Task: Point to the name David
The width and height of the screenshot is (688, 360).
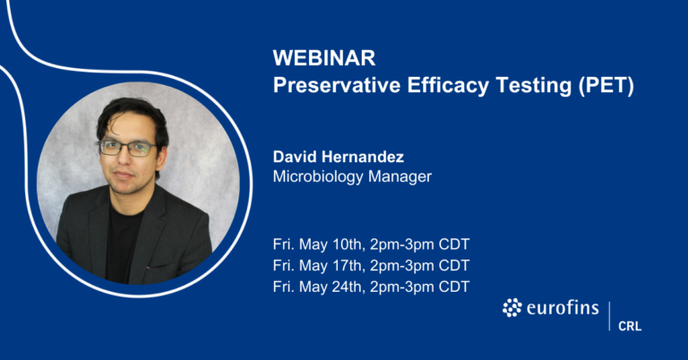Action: [296, 158]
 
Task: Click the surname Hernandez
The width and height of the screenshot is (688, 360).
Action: [364, 158]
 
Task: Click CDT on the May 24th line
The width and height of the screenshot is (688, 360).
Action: [453, 287]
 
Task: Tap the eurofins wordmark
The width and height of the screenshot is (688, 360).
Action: [561, 309]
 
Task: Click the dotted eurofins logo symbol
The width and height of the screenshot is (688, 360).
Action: [512, 309]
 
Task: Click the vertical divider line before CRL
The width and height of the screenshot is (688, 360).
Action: [609, 315]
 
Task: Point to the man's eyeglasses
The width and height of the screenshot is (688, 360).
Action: [127, 148]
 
